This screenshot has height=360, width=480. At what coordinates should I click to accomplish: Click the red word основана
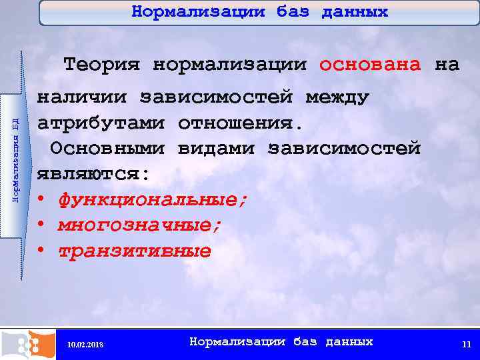370,65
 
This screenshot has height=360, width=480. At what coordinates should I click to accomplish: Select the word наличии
81,98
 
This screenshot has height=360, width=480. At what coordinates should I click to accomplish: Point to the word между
337,98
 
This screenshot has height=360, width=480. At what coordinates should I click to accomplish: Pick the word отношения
240,124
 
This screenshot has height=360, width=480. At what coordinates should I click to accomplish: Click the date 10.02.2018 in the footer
85,344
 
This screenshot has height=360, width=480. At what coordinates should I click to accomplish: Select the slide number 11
466,344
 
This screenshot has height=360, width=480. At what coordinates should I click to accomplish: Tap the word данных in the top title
355,12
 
